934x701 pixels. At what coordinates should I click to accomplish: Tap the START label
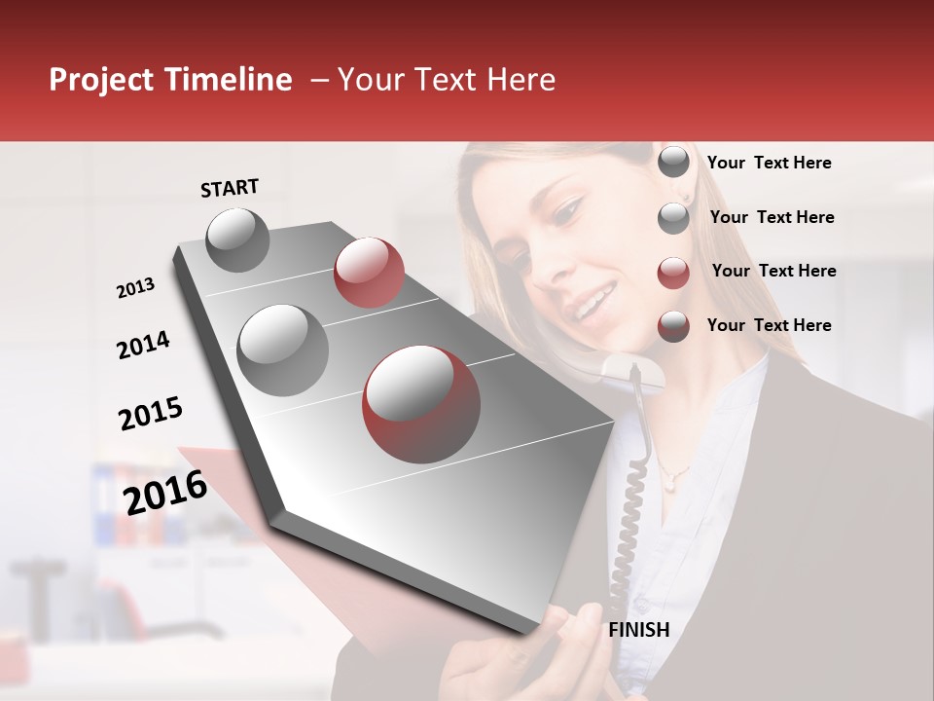click(x=230, y=188)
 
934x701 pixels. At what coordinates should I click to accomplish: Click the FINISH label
click(x=638, y=630)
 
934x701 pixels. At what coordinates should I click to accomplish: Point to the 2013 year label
click(x=135, y=288)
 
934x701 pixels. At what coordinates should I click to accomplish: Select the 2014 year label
click(x=143, y=345)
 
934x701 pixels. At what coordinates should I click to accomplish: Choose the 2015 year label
click(x=151, y=414)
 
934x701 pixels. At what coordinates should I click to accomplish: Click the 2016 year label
click(x=165, y=492)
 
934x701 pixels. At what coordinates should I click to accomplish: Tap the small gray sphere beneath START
click(x=238, y=240)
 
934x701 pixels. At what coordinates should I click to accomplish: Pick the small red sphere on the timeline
click(x=369, y=273)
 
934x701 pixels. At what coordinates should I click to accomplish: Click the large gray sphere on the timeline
click(x=283, y=350)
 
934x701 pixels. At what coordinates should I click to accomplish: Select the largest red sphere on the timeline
click(x=421, y=403)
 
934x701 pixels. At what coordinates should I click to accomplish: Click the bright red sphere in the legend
click(x=673, y=273)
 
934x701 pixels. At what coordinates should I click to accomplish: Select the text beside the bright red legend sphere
click(x=773, y=271)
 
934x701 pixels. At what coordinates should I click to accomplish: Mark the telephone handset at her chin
click(x=632, y=371)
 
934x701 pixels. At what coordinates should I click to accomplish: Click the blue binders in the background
click(x=104, y=501)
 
